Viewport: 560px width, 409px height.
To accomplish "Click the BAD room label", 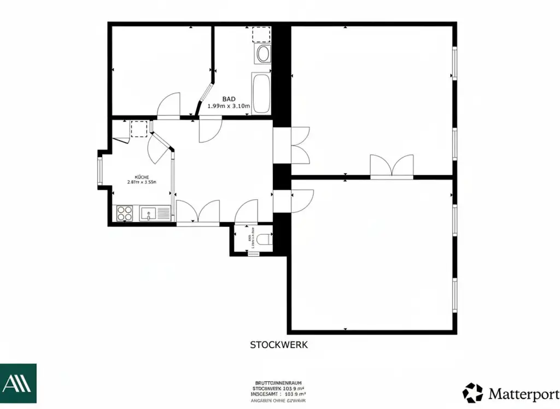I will point(229,99).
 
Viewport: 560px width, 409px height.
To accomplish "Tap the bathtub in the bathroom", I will point(261,93).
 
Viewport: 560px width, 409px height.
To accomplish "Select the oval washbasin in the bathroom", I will point(263,54).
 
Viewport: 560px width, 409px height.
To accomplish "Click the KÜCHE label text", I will point(142,177).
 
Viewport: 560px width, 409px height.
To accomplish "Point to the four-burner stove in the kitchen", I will point(125,213).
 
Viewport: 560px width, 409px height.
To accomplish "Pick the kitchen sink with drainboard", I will point(155,213).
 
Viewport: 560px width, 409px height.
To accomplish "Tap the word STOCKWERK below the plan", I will point(279,345).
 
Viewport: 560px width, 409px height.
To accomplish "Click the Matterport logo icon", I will point(473,393).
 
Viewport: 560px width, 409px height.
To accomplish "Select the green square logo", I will point(18,383).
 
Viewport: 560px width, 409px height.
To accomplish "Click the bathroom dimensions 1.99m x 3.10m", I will point(229,106).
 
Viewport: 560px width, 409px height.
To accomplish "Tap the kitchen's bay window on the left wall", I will point(100,170).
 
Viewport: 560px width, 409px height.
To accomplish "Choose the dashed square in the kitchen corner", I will point(139,129).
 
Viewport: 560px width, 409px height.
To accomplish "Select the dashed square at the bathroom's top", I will point(261,34).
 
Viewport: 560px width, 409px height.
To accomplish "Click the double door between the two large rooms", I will point(392,167).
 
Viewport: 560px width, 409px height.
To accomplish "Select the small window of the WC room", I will point(253,254).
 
